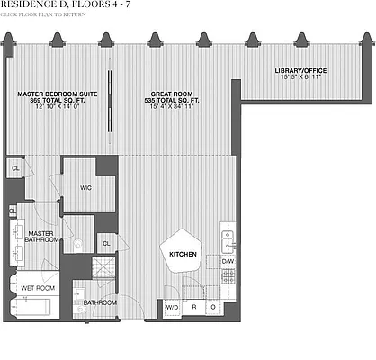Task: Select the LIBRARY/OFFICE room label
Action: point(300,71)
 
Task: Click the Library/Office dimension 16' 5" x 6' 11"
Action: point(300,78)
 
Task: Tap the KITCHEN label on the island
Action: point(183,256)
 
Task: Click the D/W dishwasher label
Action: point(228,262)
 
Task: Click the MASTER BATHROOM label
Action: point(40,235)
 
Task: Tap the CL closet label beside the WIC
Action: point(106,242)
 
